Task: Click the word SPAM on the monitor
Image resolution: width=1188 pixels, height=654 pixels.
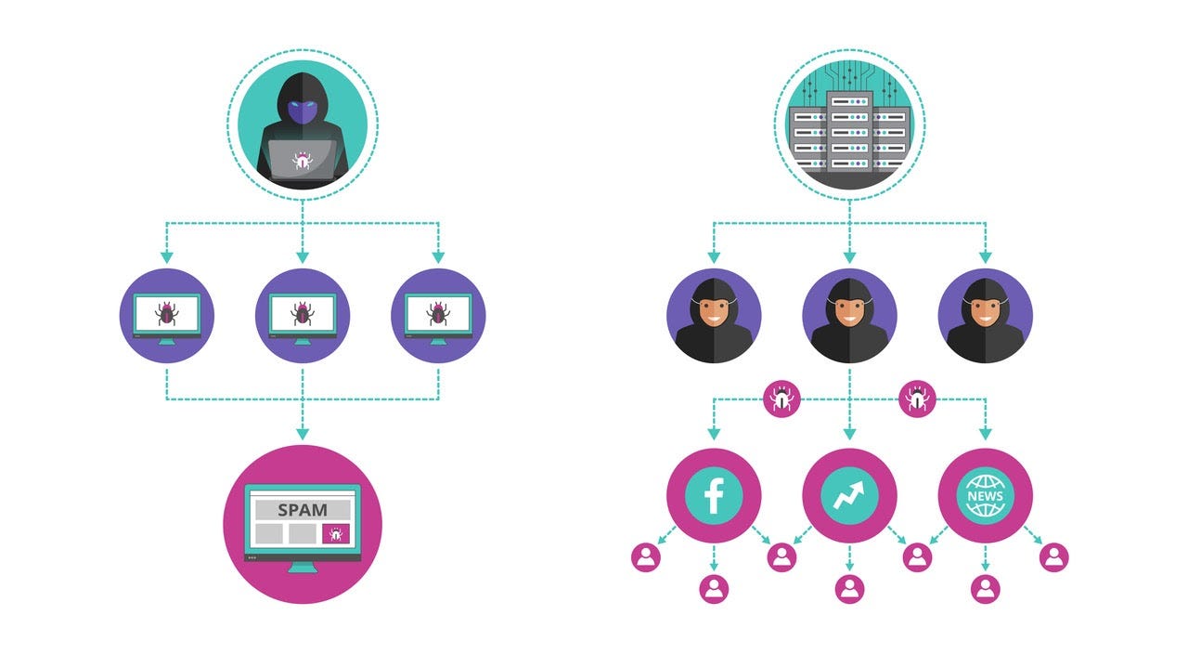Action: click(302, 510)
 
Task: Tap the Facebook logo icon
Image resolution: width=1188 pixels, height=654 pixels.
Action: click(714, 496)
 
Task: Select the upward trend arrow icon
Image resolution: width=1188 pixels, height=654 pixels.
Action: click(849, 496)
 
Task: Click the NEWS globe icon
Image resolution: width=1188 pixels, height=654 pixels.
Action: click(985, 496)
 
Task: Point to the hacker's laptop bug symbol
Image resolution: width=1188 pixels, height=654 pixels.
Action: click(302, 161)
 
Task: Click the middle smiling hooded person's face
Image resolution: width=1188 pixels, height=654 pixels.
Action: click(849, 312)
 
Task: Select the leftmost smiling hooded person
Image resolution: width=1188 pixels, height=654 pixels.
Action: click(714, 316)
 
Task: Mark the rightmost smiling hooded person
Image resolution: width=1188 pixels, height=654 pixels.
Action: click(985, 316)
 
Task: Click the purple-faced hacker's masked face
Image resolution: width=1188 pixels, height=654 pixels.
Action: click(303, 112)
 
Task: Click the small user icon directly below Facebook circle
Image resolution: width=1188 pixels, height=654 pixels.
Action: click(714, 588)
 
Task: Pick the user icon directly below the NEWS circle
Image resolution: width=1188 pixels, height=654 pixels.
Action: click(985, 588)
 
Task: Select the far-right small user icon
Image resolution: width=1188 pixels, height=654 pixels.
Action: click(1053, 556)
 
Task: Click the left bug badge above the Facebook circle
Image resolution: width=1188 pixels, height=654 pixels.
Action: click(781, 400)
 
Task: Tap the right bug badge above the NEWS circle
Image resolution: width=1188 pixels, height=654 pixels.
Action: click(918, 400)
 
